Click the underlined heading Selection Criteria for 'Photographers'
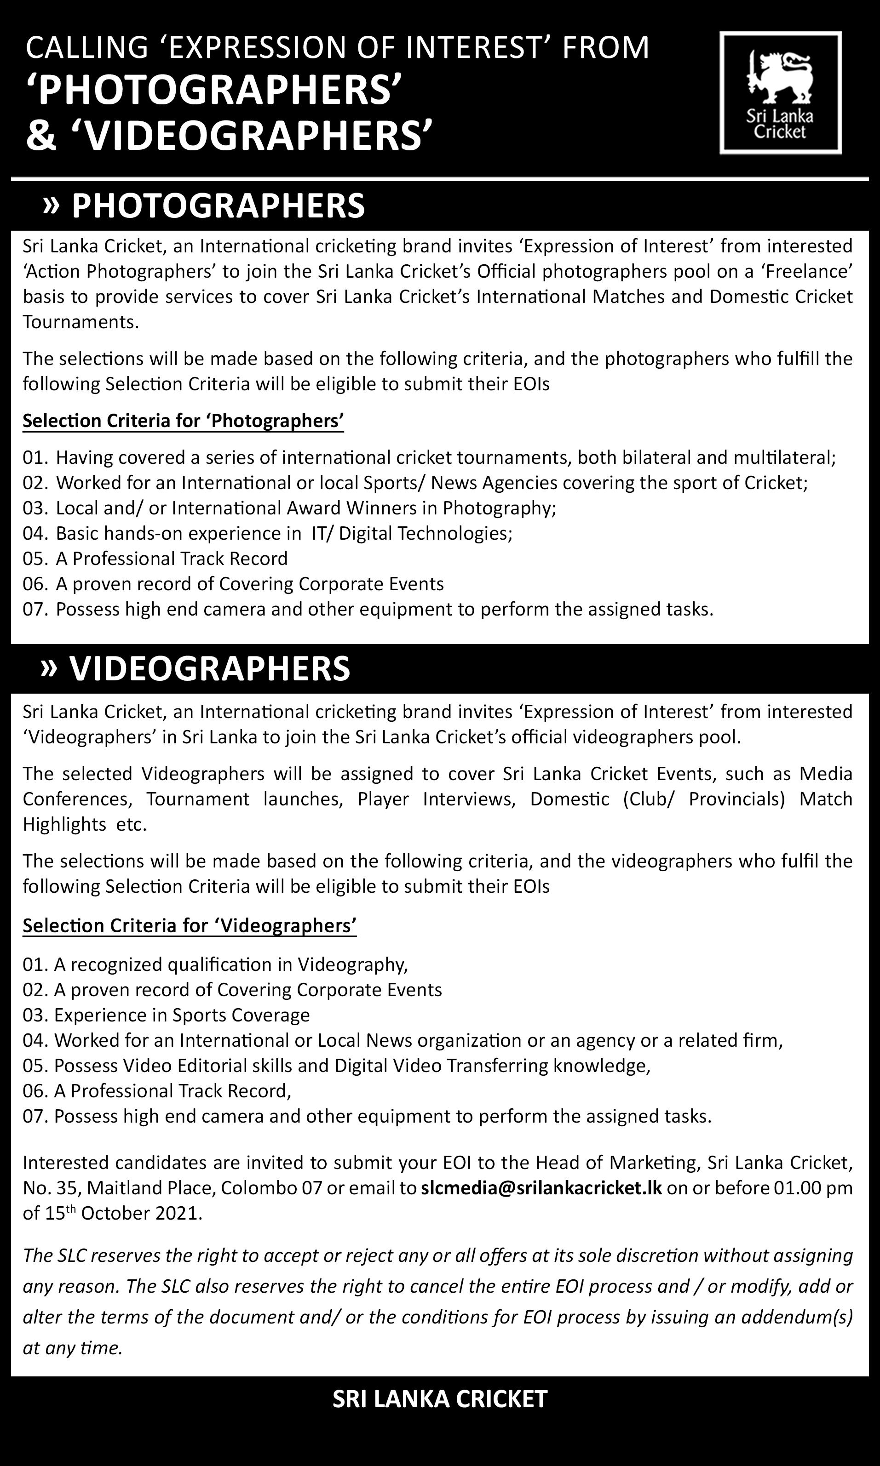(183, 421)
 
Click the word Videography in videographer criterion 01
(352, 965)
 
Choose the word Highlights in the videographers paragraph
(64, 824)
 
